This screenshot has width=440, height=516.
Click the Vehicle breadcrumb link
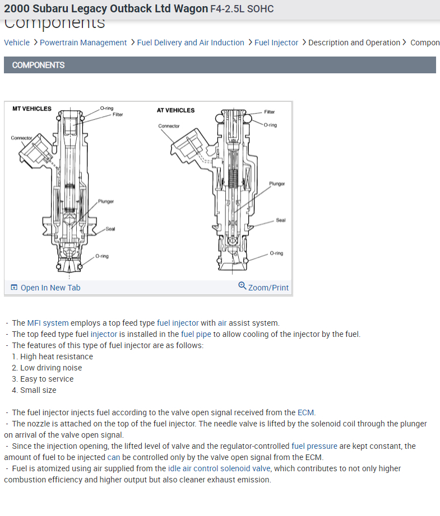(x=17, y=43)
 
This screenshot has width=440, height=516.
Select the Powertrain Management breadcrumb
(x=83, y=43)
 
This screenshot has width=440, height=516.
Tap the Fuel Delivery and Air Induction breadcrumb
(x=191, y=43)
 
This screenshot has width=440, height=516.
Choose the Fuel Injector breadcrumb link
(x=276, y=43)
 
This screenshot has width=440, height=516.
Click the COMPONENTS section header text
(x=38, y=65)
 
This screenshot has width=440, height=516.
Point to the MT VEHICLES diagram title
(x=32, y=109)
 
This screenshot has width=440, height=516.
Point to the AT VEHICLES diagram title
(x=175, y=110)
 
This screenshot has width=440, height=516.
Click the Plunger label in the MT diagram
(x=106, y=201)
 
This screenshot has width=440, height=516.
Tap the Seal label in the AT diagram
(x=281, y=220)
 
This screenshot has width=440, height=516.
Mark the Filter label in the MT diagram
(x=118, y=115)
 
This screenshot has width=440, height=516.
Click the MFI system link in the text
(x=48, y=323)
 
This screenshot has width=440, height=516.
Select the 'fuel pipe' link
(x=196, y=334)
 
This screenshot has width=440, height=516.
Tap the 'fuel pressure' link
(x=314, y=446)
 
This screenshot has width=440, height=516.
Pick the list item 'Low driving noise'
(x=51, y=368)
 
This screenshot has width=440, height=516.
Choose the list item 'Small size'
(x=38, y=390)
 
